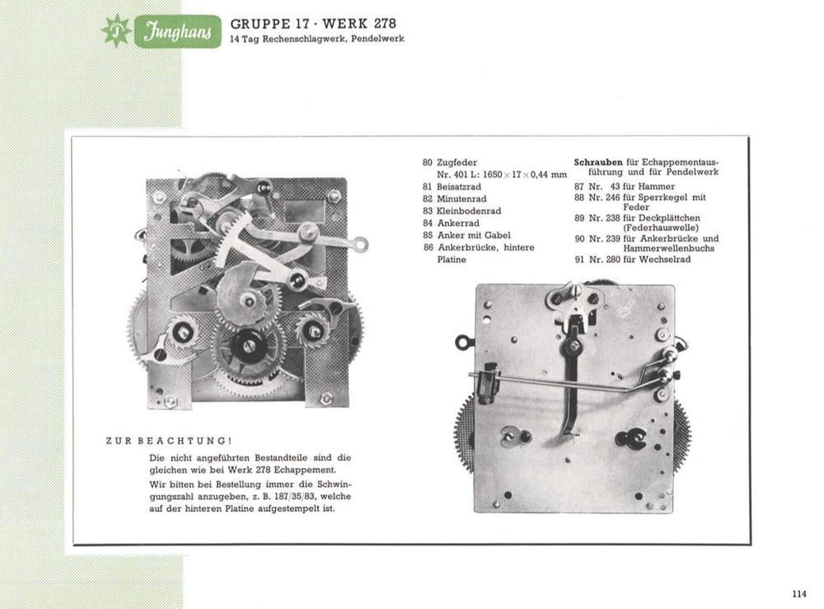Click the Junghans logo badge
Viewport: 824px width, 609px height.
coord(178,32)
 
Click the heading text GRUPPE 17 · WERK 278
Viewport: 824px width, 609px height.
coord(313,24)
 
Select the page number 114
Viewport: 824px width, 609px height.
coord(798,594)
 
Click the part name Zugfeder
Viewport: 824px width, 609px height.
coord(456,162)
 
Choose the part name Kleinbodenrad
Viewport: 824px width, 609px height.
coord(469,211)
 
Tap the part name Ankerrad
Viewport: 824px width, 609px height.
coord(458,223)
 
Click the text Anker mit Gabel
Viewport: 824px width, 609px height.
coord(474,235)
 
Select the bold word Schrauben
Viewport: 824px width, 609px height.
coord(598,162)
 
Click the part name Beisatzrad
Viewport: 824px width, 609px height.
coord(459,186)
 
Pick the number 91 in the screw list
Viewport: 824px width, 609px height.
coord(579,259)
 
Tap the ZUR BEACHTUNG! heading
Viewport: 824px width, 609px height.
coord(169,440)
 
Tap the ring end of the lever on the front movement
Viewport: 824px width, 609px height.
coord(361,244)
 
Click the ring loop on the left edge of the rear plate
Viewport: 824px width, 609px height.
coord(463,343)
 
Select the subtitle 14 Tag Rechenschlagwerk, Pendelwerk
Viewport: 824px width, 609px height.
coord(317,39)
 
